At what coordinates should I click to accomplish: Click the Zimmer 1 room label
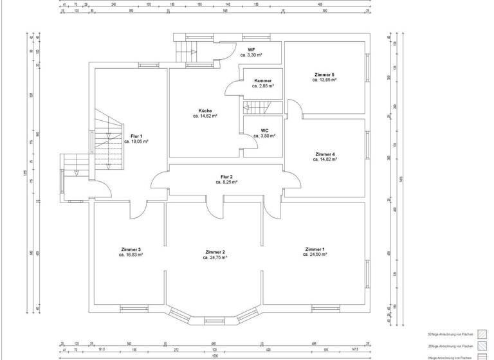click(315, 249)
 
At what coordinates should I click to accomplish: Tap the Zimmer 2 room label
click(215, 251)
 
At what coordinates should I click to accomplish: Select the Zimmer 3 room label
click(131, 249)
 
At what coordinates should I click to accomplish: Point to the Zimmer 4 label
click(325, 154)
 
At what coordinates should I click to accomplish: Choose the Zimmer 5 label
click(325, 75)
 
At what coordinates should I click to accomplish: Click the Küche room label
click(205, 111)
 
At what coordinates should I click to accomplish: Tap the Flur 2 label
click(226, 177)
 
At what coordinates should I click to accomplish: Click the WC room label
click(264, 130)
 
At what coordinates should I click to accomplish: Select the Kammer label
click(263, 80)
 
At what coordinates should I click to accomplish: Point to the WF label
click(252, 50)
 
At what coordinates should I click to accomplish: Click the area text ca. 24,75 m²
click(215, 257)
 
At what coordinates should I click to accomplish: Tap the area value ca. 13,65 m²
click(325, 80)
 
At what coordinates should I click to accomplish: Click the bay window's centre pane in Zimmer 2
click(214, 319)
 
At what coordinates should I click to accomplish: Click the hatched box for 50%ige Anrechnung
click(482, 334)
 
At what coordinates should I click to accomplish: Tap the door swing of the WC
click(252, 144)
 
